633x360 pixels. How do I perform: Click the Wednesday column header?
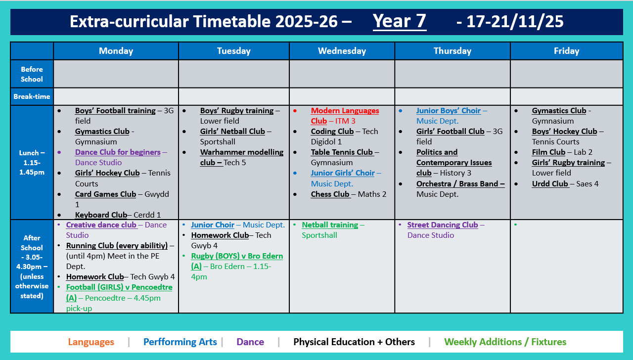[x=342, y=51]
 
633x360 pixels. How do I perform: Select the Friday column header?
[x=566, y=51]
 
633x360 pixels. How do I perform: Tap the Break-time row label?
[x=32, y=96]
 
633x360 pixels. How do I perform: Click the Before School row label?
[x=32, y=74]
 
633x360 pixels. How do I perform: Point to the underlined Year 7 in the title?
[x=399, y=21]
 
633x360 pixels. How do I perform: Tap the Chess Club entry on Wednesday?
[x=330, y=194]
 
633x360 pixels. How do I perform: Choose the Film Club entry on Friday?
[x=548, y=152]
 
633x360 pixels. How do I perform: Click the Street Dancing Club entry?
[x=442, y=225]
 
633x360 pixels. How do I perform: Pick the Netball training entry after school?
[x=330, y=225]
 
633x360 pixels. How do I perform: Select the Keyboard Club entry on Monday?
[x=101, y=215]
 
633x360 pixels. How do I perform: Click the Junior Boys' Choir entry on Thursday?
[x=448, y=111]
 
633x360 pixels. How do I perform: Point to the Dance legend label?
[x=250, y=342]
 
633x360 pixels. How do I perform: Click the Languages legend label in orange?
[x=91, y=342]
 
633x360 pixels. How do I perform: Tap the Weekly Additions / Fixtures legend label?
[x=505, y=342]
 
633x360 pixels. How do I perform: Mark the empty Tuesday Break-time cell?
[x=233, y=96]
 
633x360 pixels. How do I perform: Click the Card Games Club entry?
[x=105, y=194]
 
